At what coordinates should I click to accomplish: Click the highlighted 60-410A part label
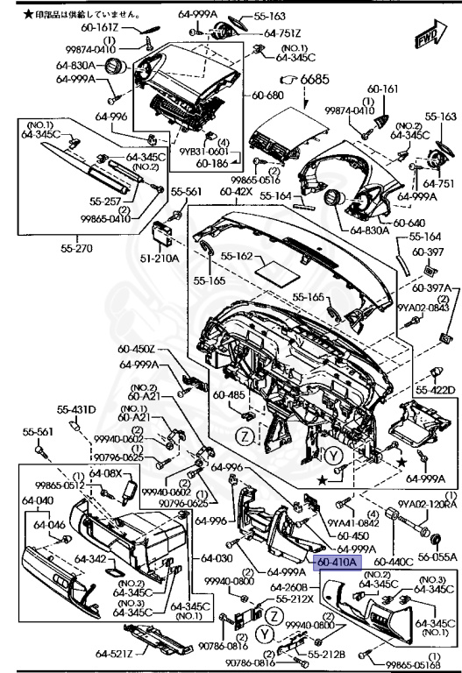pyautogui.click(x=338, y=562)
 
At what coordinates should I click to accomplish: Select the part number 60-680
pyautogui.click(x=267, y=95)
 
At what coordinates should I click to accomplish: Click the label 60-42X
pyautogui.click(x=237, y=191)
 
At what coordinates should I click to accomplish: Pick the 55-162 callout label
pyautogui.click(x=236, y=258)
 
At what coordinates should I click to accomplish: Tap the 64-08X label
pyautogui.click(x=107, y=473)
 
